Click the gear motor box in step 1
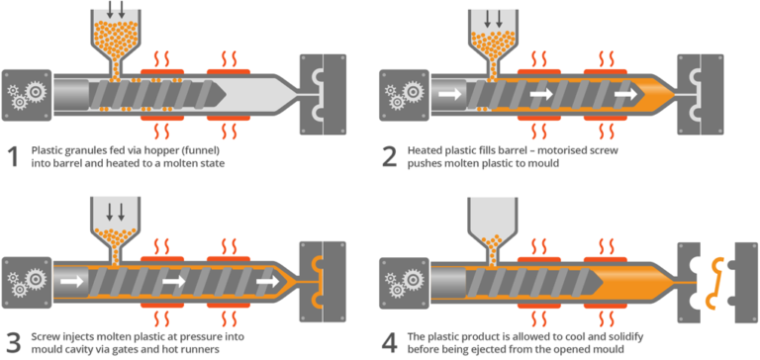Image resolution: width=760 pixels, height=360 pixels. [25, 96]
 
